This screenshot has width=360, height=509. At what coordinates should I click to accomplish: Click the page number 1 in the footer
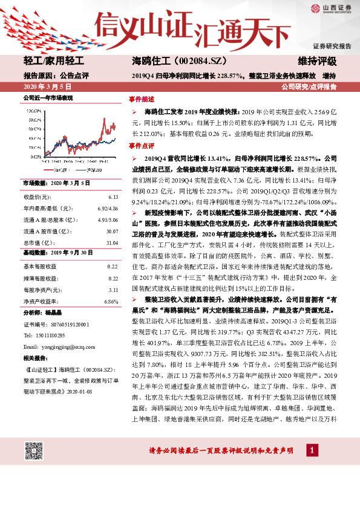pyautogui.click(x=312, y=451)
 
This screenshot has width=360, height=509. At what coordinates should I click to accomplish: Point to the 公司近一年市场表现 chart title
pyautogui.click(x=48, y=97)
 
